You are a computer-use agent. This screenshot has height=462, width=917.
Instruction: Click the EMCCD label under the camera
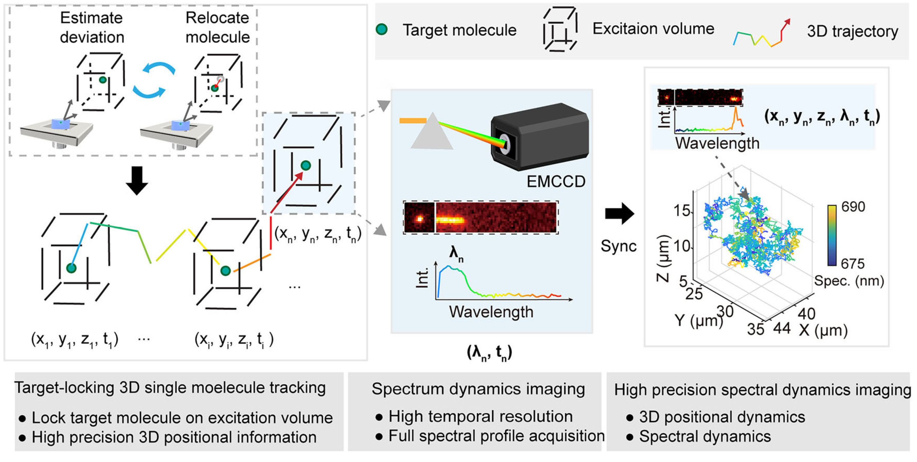(x=556, y=182)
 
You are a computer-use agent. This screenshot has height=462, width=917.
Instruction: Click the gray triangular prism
(x=432, y=131)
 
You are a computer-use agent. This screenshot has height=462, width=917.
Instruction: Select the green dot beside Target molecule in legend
(x=382, y=29)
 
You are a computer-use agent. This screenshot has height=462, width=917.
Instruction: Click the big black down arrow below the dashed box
(x=137, y=181)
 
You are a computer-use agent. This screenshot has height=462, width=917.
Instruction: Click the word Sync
(x=618, y=246)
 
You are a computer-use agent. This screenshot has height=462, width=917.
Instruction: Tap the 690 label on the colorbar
(x=853, y=207)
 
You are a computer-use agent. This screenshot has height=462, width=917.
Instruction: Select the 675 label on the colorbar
(x=853, y=263)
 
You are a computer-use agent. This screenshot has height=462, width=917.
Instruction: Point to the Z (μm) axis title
(x=663, y=258)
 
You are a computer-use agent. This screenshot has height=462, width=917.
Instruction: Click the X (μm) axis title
(x=823, y=330)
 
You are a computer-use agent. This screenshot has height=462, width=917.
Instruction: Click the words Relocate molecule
(x=217, y=27)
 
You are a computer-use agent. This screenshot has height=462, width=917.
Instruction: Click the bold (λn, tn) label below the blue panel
(x=489, y=353)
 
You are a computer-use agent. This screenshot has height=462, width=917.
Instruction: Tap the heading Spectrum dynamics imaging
(x=478, y=389)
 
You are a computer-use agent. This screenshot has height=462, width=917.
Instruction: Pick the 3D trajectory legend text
(x=853, y=31)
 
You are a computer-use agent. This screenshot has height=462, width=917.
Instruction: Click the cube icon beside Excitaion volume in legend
(x=560, y=29)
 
